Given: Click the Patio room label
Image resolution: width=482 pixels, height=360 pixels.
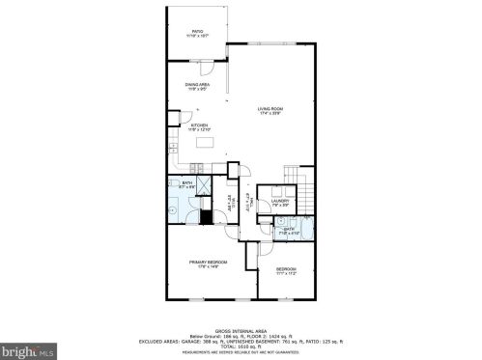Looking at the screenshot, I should pos(197,34).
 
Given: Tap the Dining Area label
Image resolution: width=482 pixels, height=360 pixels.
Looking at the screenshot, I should pos(198,87).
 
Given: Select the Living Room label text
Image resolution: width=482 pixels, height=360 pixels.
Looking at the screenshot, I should pos(269,110).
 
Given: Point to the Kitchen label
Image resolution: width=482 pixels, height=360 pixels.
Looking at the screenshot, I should pos(200,126).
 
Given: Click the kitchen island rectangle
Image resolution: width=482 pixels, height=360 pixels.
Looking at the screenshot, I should pos(205,142).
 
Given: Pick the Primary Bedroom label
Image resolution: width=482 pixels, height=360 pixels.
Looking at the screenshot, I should pos(209,264).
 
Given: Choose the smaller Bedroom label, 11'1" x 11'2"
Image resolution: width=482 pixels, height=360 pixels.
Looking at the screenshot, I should pos(285,270).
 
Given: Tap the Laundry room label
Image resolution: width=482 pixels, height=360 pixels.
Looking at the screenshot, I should pos(280,203).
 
